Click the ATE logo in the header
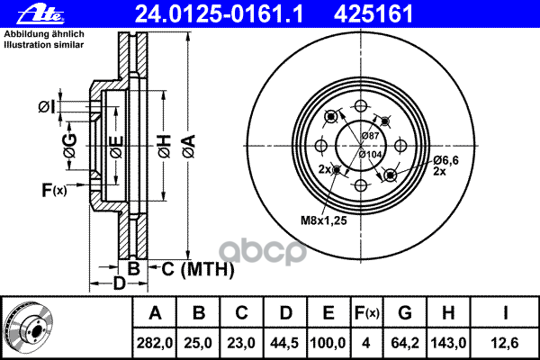(41, 14)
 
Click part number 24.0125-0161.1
(219, 14)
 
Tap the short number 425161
(373, 14)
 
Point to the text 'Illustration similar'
(44, 45)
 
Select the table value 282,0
(154, 343)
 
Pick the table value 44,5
(284, 343)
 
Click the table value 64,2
(405, 343)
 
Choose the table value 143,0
(448, 343)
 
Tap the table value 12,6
(505, 343)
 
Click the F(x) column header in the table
(367, 313)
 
